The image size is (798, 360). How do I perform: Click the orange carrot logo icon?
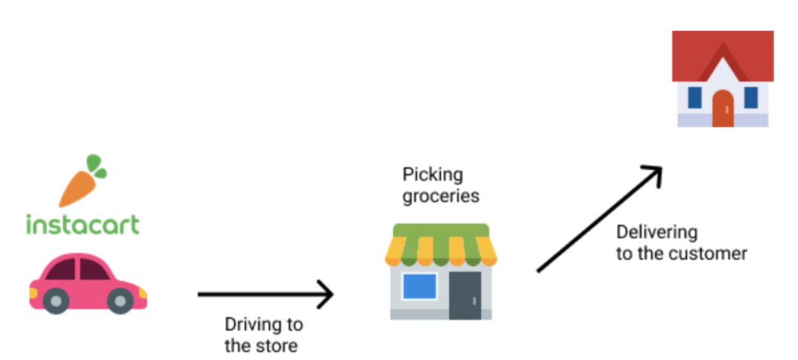coord(78,188)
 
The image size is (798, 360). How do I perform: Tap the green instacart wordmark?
coord(82,224)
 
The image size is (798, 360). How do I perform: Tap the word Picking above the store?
coord(432,175)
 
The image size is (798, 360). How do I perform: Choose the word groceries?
coord(440,196)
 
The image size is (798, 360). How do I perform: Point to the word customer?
coord(712,254)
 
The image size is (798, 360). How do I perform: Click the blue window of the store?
coord(419,286)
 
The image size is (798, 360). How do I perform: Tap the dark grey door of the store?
coord(465,295)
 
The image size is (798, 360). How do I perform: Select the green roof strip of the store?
coord(440,231)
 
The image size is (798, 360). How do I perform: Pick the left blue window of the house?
coord(695,97)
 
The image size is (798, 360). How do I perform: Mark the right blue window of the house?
coord(751,97)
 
